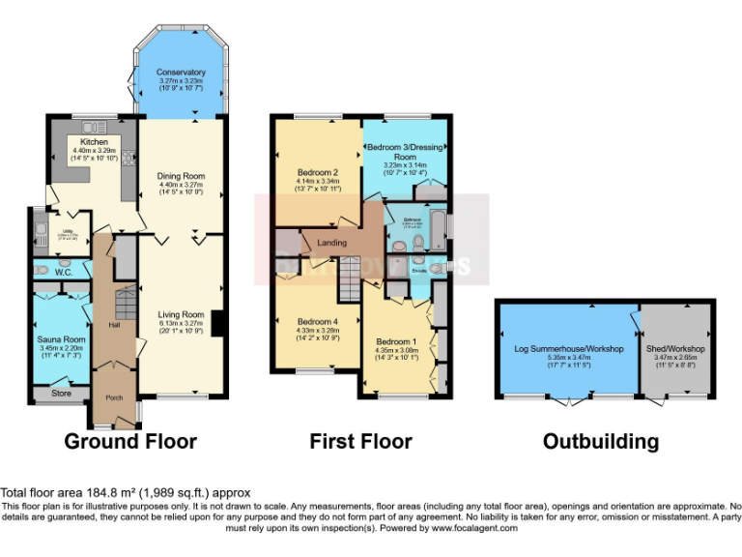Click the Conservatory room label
click(x=181, y=73)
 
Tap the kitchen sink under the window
click(x=95, y=127)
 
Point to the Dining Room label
click(x=181, y=176)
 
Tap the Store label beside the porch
click(x=61, y=394)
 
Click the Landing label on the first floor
click(x=332, y=242)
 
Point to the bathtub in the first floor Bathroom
click(x=440, y=229)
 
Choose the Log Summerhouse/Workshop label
click(x=567, y=348)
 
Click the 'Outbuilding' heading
click(x=600, y=442)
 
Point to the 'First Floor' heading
click(x=360, y=442)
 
